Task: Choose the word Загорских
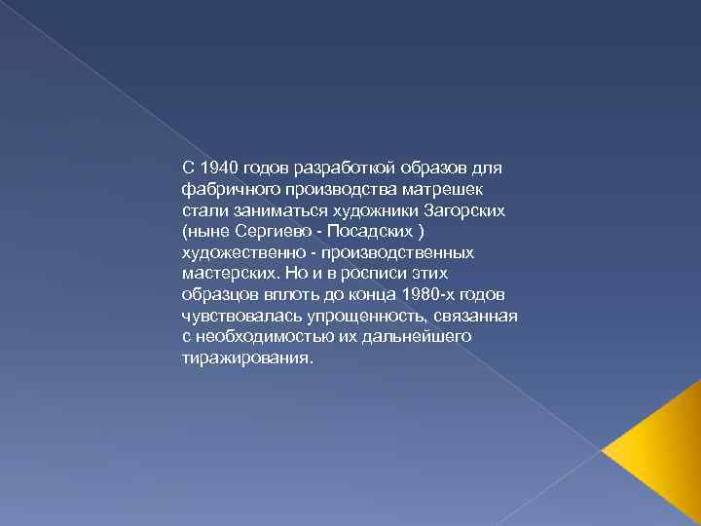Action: [x=471, y=209]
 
